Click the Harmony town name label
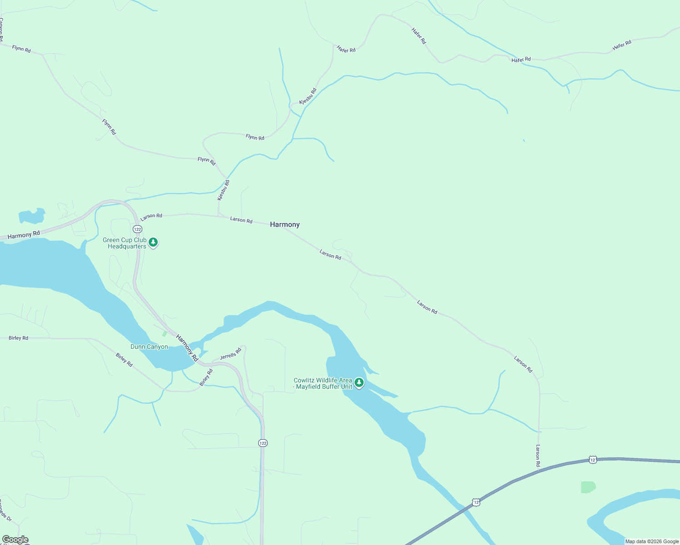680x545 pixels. click(285, 224)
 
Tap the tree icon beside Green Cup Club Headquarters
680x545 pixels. click(154, 243)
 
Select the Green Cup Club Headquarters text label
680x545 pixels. click(125, 243)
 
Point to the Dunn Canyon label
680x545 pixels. click(149, 347)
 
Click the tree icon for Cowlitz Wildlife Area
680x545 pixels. click(359, 383)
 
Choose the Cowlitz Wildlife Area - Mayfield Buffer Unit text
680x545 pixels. click(323, 383)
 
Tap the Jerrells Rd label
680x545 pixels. click(230, 354)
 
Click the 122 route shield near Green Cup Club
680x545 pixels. click(138, 229)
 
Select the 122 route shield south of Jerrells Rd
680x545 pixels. click(263, 443)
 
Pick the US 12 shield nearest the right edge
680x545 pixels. click(592, 460)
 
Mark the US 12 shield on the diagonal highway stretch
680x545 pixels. click(475, 502)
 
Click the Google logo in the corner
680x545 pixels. click(15, 540)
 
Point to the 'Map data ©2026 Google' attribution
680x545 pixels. click(652, 541)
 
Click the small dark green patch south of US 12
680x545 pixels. click(588, 487)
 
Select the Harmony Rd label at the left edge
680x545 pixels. click(24, 235)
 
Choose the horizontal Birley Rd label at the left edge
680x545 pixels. click(18, 338)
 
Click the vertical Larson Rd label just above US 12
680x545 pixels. click(538, 456)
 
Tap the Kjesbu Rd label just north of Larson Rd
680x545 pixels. click(223, 190)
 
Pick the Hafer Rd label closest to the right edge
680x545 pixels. click(622, 45)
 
